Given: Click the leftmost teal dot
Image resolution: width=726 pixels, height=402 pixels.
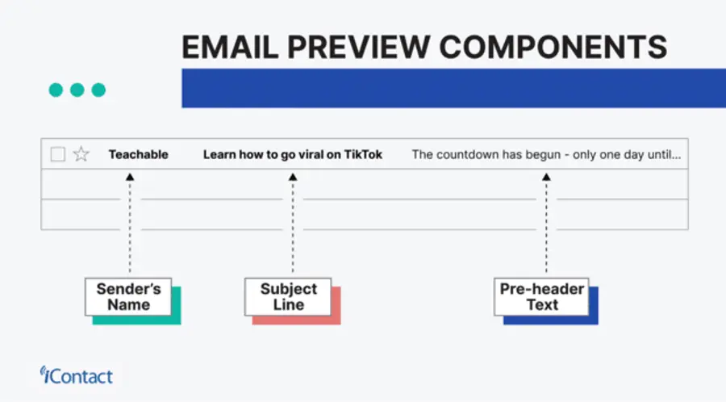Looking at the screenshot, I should coord(56,90).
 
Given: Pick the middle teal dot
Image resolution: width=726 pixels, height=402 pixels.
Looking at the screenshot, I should coord(77,90).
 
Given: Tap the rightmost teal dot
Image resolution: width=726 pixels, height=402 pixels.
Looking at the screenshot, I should coord(98,90).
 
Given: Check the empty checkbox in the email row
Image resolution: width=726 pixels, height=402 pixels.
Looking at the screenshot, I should coord(58,154).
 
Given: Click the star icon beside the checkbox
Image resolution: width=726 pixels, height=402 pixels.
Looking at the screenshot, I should coord(81,154).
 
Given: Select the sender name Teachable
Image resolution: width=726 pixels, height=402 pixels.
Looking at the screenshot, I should coord(139,154).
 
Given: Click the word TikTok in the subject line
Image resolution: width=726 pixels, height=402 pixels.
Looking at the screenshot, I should coord(363,154).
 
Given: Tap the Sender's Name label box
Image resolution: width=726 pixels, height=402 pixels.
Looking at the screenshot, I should coord(129,297).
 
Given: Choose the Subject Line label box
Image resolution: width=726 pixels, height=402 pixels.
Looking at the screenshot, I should coord(288,297).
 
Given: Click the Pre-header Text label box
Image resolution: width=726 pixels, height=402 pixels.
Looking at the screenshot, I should coord(542,297).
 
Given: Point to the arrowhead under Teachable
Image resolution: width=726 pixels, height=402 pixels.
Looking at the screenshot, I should coord(130,177).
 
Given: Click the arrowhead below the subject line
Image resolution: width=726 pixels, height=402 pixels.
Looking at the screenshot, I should coord(293,177).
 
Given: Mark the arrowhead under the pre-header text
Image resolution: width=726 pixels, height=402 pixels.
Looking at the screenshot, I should coord(546,177).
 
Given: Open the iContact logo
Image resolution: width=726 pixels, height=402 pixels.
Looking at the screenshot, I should coord(77,375).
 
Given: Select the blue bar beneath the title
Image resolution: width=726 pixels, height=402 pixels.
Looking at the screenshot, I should coord(452,88).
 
